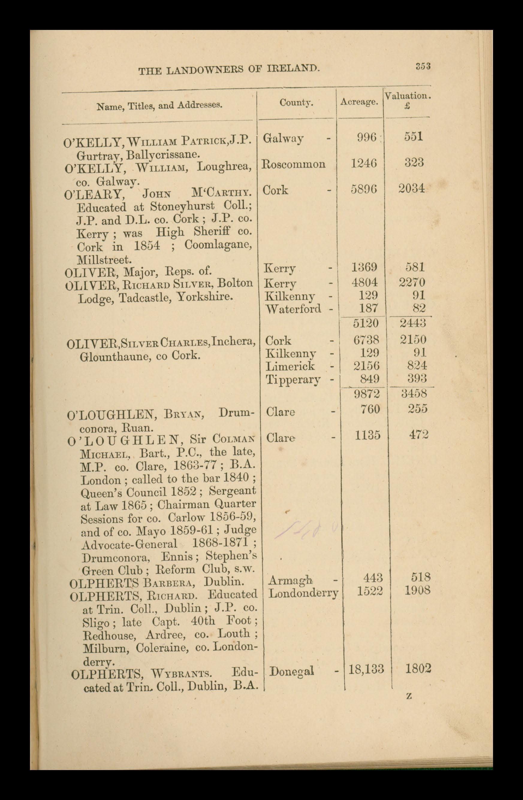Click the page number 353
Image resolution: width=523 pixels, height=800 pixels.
423,66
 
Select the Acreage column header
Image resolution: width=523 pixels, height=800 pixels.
359,102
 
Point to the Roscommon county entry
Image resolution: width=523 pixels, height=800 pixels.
293,164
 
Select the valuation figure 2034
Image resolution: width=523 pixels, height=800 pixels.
412,189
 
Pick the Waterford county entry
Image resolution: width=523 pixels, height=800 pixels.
293,309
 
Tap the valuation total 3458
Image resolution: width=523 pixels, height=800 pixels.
414,393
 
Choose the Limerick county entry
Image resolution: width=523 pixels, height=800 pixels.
290,366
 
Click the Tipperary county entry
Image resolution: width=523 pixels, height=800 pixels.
293,380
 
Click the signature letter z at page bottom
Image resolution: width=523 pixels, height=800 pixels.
409,696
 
